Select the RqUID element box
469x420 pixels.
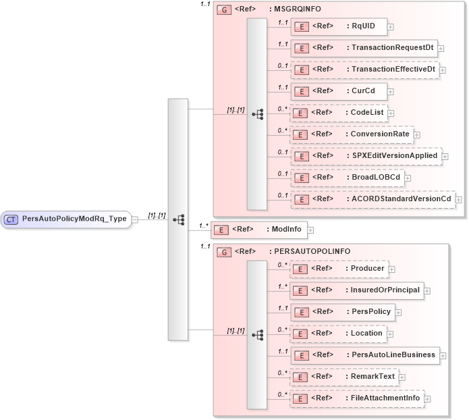point(337,27)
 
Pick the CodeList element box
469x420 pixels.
point(338,113)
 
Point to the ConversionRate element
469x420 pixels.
point(351,134)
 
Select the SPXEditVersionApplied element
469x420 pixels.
point(365,156)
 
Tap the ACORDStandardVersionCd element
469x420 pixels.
point(372,199)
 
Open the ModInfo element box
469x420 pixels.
point(258,230)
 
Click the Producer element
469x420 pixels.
point(338,269)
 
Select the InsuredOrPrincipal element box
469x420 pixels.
point(356,290)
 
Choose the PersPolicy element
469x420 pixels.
point(342,312)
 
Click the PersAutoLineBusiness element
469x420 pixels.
point(364,355)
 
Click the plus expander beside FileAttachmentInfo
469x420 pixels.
point(427,398)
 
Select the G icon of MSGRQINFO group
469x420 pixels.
point(223,10)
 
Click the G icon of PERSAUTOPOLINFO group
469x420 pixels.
point(223,252)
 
